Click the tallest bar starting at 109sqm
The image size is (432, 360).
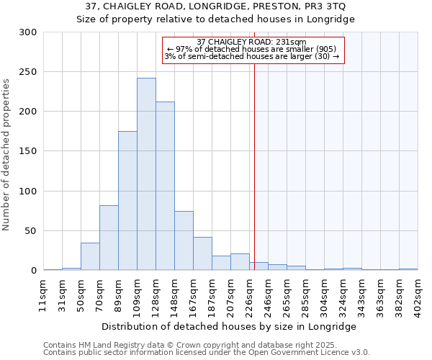coord(146,174)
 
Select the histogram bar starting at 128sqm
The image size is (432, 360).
coord(165,186)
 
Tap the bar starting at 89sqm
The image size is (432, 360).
coord(127,200)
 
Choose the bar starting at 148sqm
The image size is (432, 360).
coord(184,240)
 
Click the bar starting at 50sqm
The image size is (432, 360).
coord(90,256)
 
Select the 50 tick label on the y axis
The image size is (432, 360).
coord(31,231)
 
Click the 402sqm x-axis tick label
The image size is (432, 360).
coord(418,292)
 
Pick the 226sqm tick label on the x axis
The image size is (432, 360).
coord(249,292)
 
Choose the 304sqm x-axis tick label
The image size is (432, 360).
coord(324,292)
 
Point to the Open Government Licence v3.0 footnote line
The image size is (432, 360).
coord(207,353)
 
